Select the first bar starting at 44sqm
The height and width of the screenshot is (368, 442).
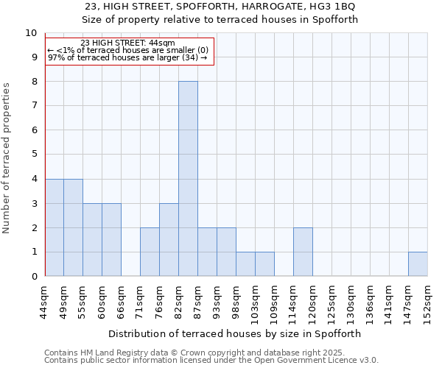coord(55,227)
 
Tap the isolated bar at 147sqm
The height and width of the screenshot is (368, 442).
coord(418,264)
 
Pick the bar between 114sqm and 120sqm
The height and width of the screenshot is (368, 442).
coord(303,252)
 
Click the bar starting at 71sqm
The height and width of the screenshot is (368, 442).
coord(150,252)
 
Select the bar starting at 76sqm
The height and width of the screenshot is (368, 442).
coord(169,240)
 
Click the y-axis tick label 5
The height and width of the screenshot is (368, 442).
coord(33,155)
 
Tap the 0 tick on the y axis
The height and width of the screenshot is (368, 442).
coord(33,277)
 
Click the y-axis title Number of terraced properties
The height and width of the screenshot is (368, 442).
coord(7,158)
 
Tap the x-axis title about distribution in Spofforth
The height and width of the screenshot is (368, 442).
coord(236,333)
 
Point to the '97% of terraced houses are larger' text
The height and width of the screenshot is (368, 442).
coord(127,57)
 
